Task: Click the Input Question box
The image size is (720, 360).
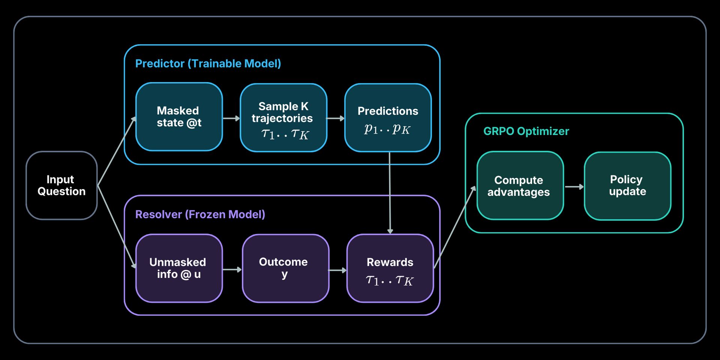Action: (61, 185)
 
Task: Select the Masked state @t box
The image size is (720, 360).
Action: (179, 117)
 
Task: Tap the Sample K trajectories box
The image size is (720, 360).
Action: (283, 117)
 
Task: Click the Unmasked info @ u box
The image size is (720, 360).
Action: (179, 268)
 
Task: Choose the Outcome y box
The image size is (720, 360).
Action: (285, 268)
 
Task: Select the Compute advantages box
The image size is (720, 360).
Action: (520, 186)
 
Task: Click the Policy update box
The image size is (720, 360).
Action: (627, 186)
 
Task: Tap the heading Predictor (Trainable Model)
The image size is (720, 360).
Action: (208, 63)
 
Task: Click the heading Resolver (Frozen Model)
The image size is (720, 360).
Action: (200, 214)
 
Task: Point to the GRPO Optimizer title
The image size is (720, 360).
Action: (526, 131)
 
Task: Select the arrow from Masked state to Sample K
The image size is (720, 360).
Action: (231, 118)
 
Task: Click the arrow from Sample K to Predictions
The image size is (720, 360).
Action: (335, 118)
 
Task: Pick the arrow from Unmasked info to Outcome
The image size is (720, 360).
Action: (232, 270)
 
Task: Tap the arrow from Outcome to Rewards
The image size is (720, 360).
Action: (337, 270)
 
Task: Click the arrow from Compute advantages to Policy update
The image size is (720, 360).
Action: (574, 187)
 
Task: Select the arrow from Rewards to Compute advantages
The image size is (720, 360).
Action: (454, 227)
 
